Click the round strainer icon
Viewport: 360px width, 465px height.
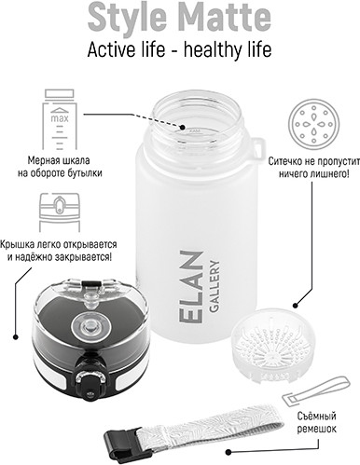click(313, 124)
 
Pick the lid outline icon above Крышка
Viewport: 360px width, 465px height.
click(60, 212)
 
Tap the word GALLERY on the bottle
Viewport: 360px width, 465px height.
click(215, 286)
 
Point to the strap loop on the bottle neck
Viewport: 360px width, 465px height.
click(258, 148)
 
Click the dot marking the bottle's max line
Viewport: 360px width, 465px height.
click(183, 128)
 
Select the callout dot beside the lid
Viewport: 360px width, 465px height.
click(15, 336)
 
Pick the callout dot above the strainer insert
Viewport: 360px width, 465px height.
click(296, 305)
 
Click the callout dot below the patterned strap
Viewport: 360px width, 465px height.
click(228, 452)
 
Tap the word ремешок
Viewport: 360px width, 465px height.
click(316, 429)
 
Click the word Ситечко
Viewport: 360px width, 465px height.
click(284, 161)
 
